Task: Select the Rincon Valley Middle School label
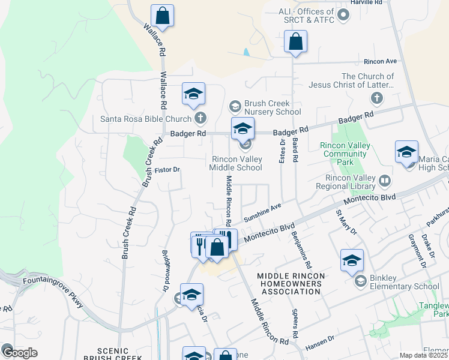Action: pyautogui.click(x=235, y=163)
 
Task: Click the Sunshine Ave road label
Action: pyautogui.click(x=262, y=212)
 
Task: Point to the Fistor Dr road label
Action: pyautogui.click(x=167, y=170)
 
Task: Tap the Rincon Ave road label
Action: pyautogui.click(x=381, y=61)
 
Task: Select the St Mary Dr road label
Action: pyautogui.click(x=346, y=221)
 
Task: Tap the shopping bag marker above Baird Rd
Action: pyautogui.click(x=295, y=41)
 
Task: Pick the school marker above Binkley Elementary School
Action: pyautogui.click(x=352, y=260)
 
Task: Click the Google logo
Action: pyautogui.click(x=20, y=352)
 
